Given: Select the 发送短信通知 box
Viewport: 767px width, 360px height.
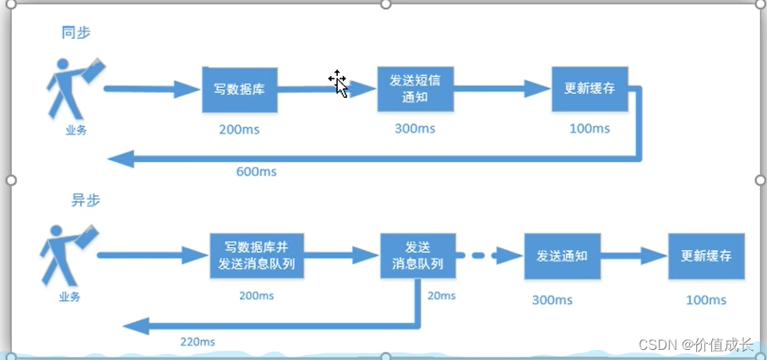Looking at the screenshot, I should tap(415, 88).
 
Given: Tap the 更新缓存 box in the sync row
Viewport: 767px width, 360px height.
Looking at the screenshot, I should tap(589, 88).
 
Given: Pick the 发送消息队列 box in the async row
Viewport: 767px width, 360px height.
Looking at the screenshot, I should tap(417, 255).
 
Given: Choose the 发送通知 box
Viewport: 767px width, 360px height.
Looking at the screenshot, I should tap(562, 255).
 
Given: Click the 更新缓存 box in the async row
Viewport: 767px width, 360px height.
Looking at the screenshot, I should tap(706, 255).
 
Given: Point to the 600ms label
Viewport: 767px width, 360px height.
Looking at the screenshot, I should tap(257, 172).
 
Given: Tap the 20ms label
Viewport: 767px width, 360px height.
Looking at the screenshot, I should tap(441, 296).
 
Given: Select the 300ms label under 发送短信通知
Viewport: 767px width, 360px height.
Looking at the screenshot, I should tap(415, 128).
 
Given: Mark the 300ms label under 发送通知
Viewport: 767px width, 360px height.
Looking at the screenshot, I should tap(552, 300).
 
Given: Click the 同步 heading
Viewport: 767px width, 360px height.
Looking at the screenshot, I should tap(76, 33).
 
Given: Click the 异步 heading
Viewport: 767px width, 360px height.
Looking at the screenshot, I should tap(84, 201).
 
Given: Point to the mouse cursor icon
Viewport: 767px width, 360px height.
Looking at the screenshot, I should tap(338, 83).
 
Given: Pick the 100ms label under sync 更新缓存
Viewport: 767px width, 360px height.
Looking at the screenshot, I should tap(589, 128).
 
